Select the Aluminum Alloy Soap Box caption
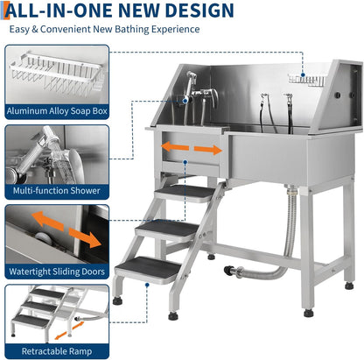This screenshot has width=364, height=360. [x=58, y=111]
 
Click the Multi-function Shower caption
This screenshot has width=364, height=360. [x=58, y=190]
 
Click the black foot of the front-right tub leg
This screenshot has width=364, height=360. [x=308, y=312]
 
